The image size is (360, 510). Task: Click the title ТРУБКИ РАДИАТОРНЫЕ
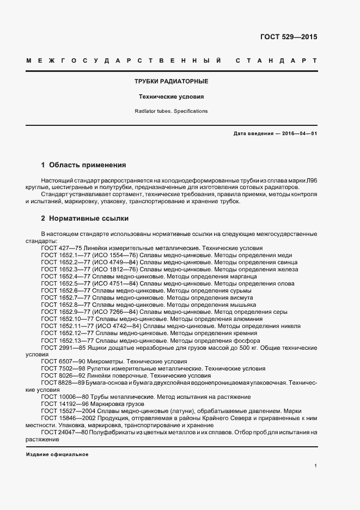point(171,81)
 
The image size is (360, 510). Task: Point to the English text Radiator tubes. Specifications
point(171,111)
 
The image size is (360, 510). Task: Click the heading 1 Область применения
point(83,165)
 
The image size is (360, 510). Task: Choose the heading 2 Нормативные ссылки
point(85,218)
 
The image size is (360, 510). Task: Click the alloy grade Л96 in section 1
point(312,179)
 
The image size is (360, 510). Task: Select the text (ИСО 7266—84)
point(115,312)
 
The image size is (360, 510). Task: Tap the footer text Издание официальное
point(57,454)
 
